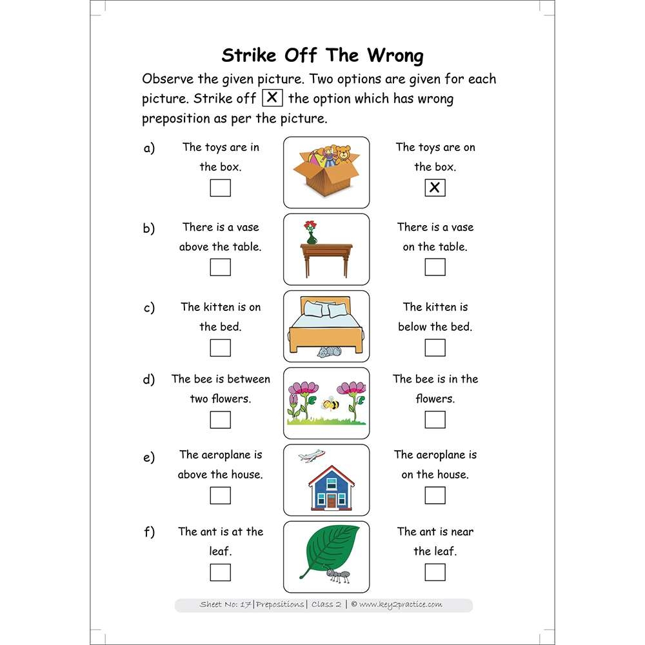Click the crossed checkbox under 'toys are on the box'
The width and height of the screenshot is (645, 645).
click(435, 188)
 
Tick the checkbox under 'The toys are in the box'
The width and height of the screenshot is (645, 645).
click(221, 188)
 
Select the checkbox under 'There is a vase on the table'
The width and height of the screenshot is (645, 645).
click(435, 267)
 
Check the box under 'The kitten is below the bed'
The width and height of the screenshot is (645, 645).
click(435, 347)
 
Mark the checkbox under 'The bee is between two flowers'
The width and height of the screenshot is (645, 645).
click(221, 419)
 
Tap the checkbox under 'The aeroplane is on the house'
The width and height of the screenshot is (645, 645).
click(435, 495)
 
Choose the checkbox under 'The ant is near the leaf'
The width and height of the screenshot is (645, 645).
click(435, 571)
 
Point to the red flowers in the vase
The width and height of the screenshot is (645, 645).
click(311, 226)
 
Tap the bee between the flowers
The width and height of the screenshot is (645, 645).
click(331, 404)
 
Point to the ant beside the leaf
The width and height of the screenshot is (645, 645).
click(337, 575)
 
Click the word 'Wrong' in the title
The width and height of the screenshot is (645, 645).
click(395, 55)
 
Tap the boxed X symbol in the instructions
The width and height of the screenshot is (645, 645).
click(273, 99)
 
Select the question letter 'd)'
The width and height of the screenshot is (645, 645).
click(149, 379)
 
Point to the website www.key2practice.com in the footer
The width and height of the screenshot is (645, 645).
click(401, 604)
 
